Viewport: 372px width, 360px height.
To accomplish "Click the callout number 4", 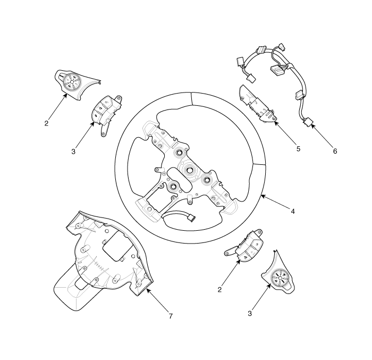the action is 293,211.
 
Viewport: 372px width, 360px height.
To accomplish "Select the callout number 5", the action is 298,149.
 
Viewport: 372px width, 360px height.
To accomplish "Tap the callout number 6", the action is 335,151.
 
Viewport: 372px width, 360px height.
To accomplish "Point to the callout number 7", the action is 171,316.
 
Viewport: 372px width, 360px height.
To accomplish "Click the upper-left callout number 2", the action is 46,123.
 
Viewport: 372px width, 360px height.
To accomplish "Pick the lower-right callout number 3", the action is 250,313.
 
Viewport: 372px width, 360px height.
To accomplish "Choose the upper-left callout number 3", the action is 73,151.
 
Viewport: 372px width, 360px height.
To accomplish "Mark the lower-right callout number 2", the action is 219,289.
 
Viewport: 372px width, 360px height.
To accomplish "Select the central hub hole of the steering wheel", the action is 190,170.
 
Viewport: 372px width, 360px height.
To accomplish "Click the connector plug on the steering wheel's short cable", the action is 191,217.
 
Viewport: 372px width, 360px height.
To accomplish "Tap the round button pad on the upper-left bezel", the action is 73,82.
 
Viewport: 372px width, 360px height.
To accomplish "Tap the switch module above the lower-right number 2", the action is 244,246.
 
